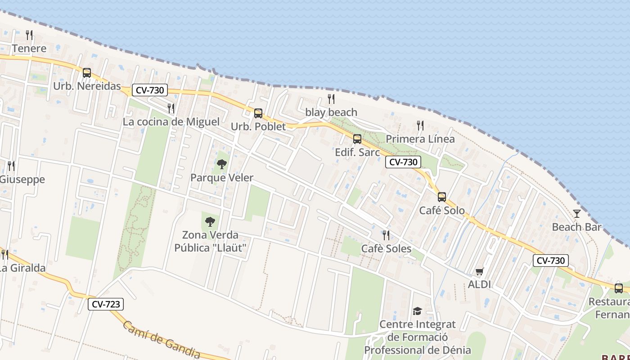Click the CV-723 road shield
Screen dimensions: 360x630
coord(106,304)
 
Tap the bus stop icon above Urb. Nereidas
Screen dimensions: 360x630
coord(87,73)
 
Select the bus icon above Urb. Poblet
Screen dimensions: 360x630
coord(258,113)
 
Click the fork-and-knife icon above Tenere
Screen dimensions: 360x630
coord(29,35)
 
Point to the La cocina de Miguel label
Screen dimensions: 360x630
coord(171,122)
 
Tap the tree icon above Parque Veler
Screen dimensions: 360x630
coord(221,164)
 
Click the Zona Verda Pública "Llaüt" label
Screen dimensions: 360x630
coord(210,242)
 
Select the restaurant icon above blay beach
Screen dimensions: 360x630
coord(331,99)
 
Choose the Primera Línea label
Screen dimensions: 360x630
coord(420,139)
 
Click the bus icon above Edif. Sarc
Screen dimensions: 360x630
coord(357,139)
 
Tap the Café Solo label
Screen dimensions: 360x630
coord(442,210)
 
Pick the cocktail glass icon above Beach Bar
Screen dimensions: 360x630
coord(576,214)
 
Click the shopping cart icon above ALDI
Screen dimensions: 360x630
coord(479,271)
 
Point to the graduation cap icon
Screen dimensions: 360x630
coord(417,311)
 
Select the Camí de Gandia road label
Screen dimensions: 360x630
coord(162,340)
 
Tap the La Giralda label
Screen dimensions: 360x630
coord(22,268)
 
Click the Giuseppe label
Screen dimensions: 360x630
coord(22,180)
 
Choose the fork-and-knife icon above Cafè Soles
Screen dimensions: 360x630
coord(386,235)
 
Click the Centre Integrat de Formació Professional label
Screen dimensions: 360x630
coord(417,337)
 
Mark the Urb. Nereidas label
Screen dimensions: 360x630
coord(87,86)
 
